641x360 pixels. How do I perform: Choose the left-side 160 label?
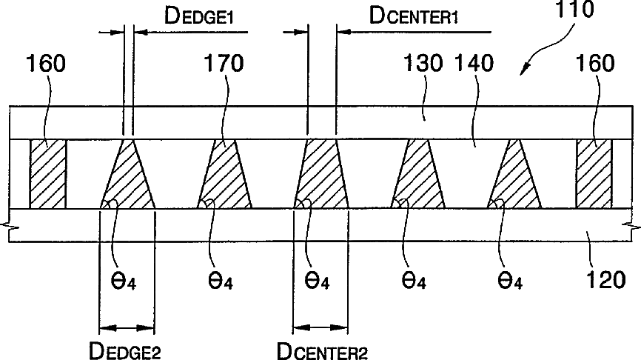click(x=45, y=63)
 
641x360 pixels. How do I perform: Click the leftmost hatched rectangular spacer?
click(x=48, y=173)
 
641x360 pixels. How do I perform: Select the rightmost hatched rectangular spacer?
click(x=594, y=173)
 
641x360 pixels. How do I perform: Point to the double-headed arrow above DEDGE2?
click(x=127, y=327)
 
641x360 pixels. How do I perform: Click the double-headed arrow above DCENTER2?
click(x=320, y=327)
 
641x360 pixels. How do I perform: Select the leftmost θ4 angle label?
click(x=123, y=282)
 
